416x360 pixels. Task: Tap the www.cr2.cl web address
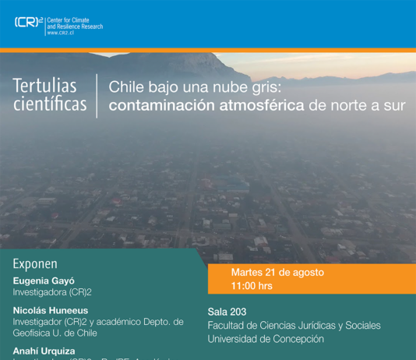pyautogui.click(x=62, y=34)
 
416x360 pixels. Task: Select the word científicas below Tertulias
pyautogui.click(x=49, y=104)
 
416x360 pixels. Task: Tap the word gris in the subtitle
pyautogui.click(x=269, y=86)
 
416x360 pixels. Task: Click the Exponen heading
pyautogui.click(x=35, y=264)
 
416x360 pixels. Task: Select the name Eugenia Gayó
pyautogui.click(x=44, y=280)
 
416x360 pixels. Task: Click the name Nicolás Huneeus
pyautogui.click(x=51, y=310)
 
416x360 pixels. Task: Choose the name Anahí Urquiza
pyautogui.click(x=44, y=351)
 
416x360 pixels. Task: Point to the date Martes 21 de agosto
pyautogui.click(x=277, y=273)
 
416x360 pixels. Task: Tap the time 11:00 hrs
pyautogui.click(x=252, y=286)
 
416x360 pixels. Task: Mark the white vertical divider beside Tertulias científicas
pyautogui.click(x=97, y=95)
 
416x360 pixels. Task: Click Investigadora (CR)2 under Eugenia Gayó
pyautogui.click(x=52, y=292)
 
